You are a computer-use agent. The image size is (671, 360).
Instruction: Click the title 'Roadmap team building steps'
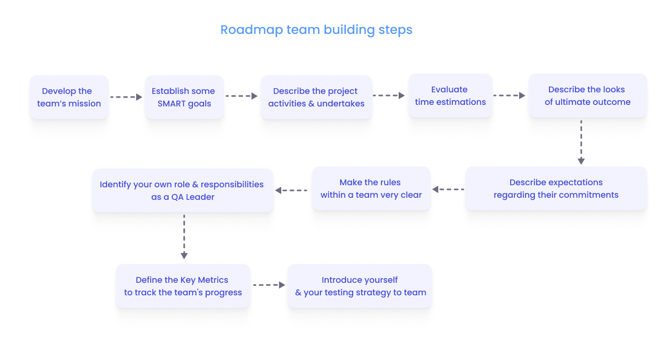click(316, 30)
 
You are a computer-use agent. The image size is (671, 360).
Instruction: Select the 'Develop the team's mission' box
click(69, 98)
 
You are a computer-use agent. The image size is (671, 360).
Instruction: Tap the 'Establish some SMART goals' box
click(184, 98)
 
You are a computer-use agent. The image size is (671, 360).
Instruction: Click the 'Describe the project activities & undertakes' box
click(316, 98)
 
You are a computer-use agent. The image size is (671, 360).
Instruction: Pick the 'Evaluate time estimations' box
click(450, 96)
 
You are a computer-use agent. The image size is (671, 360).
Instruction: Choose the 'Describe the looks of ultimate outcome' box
click(588, 96)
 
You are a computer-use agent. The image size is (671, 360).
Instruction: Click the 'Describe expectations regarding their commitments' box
click(556, 189)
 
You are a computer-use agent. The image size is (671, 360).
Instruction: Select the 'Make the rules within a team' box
click(371, 189)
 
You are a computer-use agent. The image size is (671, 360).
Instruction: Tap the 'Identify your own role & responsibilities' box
click(183, 190)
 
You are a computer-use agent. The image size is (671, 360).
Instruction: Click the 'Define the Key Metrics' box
click(183, 286)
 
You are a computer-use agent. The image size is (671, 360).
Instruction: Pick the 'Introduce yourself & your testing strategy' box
click(360, 286)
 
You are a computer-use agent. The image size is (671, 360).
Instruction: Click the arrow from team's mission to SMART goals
click(126, 97)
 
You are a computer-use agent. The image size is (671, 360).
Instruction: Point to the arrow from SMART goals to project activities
click(242, 96)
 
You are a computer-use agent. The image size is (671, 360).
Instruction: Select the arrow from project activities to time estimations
click(389, 95)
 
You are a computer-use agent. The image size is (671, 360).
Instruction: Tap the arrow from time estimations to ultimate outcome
click(509, 95)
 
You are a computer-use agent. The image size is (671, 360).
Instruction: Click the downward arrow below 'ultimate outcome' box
click(581, 142)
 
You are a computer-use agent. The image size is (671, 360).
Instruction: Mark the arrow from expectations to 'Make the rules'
click(448, 189)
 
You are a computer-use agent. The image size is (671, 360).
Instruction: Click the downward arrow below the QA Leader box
click(184, 236)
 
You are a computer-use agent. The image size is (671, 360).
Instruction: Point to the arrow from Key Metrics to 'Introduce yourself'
click(269, 285)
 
